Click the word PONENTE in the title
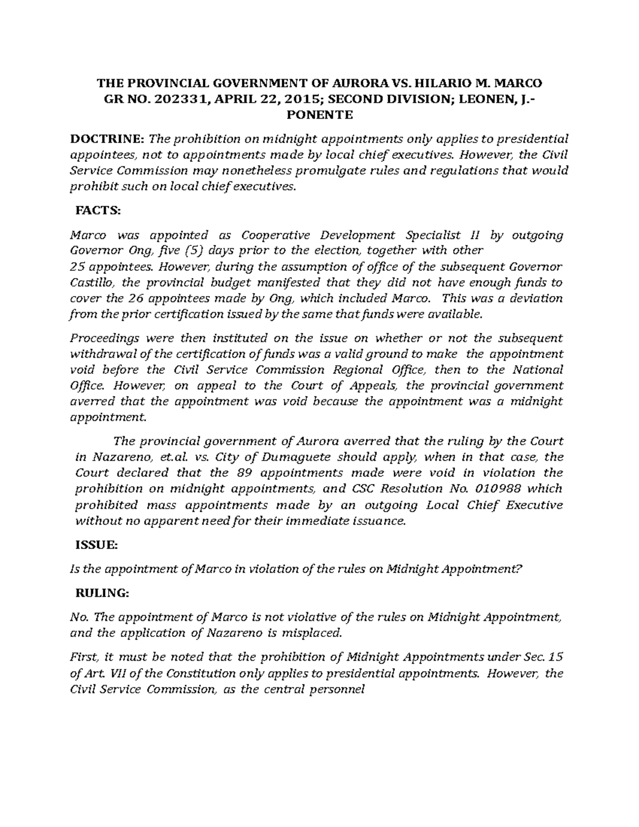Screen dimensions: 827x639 point(319,114)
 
